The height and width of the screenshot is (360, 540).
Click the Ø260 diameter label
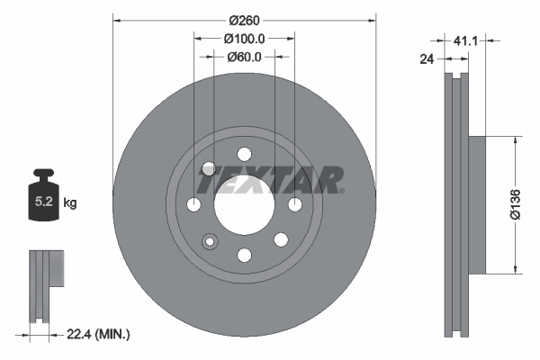coord(244,20)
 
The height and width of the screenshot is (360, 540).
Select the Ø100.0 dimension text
coord(244,39)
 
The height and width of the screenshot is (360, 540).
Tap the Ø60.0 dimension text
coord(244,57)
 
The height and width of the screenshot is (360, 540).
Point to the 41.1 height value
coord(464,40)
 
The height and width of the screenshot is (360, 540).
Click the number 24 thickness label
coord(427,59)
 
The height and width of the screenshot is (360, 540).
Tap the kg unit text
coord(70,203)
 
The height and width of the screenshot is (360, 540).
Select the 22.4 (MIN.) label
coord(99,334)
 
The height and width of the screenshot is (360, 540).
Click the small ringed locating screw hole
coord(212,241)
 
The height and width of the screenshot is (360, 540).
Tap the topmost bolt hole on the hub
coord(244,153)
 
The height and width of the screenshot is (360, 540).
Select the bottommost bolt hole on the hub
coord(244,256)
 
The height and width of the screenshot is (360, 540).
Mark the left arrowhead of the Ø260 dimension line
coord(115,20)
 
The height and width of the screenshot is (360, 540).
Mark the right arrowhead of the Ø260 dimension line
coord(373,20)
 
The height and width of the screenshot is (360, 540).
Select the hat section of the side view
coord(474,203)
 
